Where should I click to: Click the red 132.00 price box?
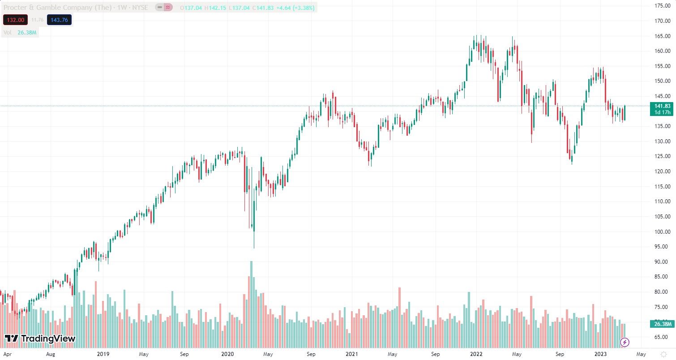(x=15, y=20)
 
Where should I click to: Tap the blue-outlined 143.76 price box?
(x=59, y=20)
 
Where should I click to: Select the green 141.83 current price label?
(x=662, y=106)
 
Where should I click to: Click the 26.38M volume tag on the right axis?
(x=662, y=324)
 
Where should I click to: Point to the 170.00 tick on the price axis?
(x=662, y=21)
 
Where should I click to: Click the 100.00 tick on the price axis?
(x=662, y=231)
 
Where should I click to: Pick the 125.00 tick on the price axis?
(x=662, y=156)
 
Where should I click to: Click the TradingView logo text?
(x=40, y=339)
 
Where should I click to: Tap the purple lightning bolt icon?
(x=625, y=343)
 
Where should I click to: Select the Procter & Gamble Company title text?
(x=47, y=8)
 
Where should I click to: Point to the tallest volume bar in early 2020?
(x=251, y=304)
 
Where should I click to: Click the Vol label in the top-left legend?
(x=7, y=32)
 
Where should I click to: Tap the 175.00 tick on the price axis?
(x=662, y=6)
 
